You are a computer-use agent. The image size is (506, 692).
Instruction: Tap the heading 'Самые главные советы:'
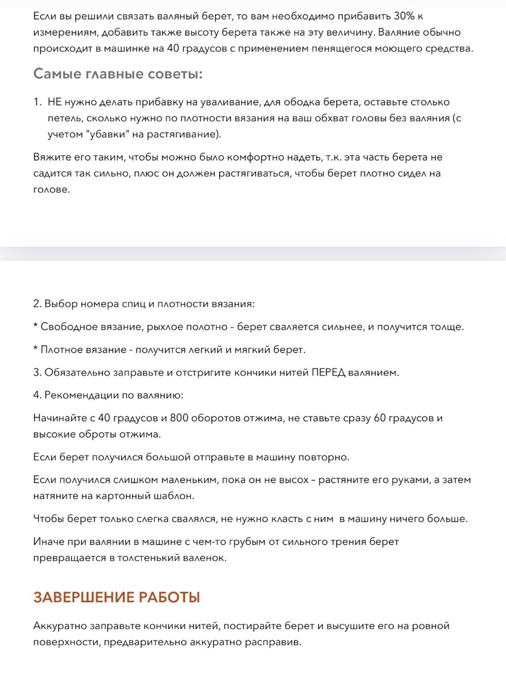click(x=118, y=74)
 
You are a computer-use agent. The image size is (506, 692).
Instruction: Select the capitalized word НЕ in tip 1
click(x=55, y=102)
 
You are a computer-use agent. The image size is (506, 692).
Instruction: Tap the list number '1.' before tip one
click(x=37, y=102)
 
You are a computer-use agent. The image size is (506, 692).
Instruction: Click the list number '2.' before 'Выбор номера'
click(x=37, y=303)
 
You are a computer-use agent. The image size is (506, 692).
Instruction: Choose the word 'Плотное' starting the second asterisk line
click(x=61, y=349)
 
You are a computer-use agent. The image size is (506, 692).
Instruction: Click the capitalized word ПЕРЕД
click(x=329, y=373)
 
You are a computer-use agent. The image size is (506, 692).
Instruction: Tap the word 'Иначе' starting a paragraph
click(x=48, y=541)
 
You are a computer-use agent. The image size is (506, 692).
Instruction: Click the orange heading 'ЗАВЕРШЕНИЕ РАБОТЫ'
click(x=117, y=597)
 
